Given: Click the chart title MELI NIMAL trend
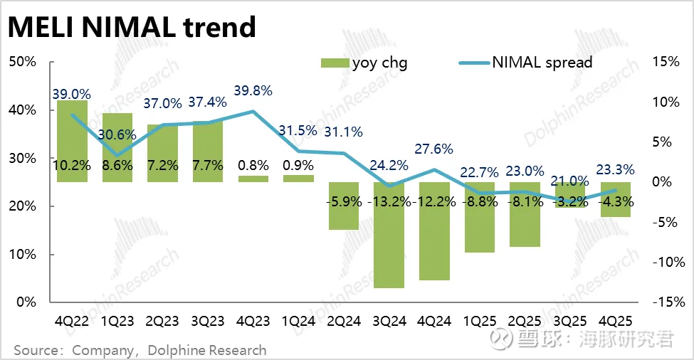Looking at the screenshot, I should coord(132,27).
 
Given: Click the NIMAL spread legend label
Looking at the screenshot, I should coord(542,63).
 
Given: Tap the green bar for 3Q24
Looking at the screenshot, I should coord(389,235).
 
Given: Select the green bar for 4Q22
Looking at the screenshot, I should coord(72,141).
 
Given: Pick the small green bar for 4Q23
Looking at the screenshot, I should coord(253,179).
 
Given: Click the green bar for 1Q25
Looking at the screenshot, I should coord(479,217).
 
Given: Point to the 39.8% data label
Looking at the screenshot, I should coord(253,91).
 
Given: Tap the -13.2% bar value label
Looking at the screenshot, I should coord(389,201).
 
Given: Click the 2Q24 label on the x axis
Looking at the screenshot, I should coord(344,322).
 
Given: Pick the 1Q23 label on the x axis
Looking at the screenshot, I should coord(117,322).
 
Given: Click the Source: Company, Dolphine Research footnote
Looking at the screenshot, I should coord(140,350).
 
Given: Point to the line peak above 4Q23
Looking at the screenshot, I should coord(253,111).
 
